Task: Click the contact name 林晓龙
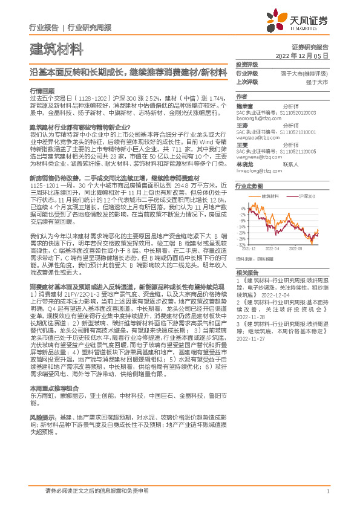coord(244,164)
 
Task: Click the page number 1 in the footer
coord(327,490)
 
